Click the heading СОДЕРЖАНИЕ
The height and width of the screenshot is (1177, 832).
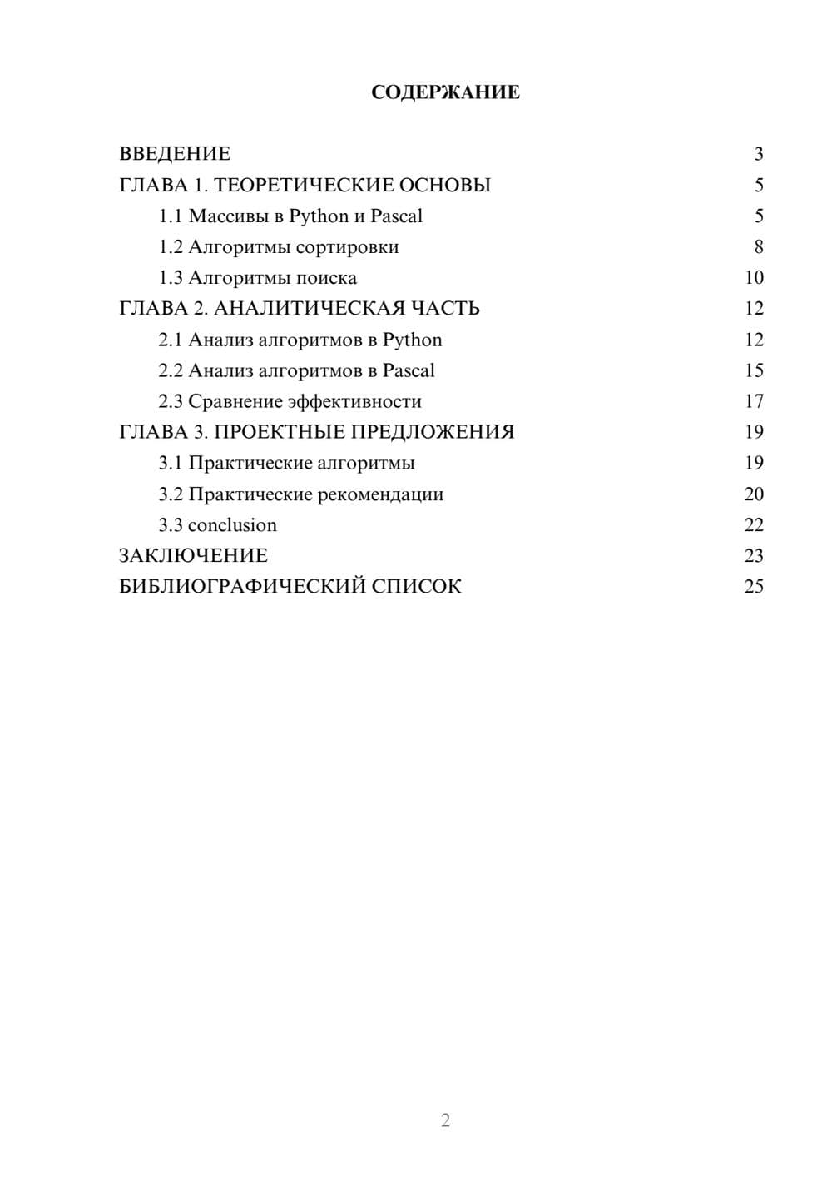[x=445, y=92]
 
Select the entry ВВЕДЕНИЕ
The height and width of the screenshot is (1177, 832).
[x=175, y=154]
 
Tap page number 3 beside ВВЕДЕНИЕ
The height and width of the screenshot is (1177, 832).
[x=758, y=154]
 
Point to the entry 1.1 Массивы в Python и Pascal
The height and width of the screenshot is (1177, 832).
[x=290, y=216]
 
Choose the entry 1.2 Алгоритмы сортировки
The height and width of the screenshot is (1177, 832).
[x=279, y=247]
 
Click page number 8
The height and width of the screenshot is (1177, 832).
[x=758, y=247]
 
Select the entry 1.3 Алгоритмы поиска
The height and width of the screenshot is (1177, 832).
[x=258, y=278]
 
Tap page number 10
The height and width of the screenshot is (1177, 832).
[x=754, y=278]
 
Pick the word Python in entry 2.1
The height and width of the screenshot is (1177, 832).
[x=412, y=340]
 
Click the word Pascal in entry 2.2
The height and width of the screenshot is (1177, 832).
[x=409, y=371]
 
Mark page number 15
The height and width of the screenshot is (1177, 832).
[x=754, y=371]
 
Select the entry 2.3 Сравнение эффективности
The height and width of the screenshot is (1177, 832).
[x=290, y=402]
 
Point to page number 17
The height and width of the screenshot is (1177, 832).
[x=754, y=402]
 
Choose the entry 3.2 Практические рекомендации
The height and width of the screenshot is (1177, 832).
[x=301, y=494]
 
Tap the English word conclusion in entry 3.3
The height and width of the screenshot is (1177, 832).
[x=232, y=525]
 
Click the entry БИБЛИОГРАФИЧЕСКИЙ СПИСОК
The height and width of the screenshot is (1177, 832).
[x=290, y=587]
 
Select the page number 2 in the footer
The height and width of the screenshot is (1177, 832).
[x=445, y=1120]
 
